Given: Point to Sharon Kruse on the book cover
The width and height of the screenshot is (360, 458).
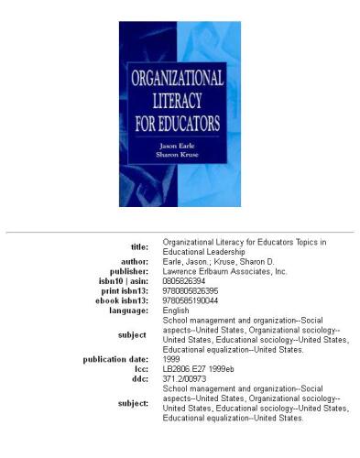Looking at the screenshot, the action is coord(180,157).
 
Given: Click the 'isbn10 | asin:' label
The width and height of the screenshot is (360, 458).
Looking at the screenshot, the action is coord(125,282).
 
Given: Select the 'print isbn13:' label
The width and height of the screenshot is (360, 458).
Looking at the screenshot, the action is coord(126,291).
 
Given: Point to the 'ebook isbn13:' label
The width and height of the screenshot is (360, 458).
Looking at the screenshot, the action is coord(125,301).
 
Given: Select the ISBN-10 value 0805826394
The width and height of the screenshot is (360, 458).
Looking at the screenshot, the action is coord(183,282).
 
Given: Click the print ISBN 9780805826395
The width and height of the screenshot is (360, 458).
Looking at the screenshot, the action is coord(190,291).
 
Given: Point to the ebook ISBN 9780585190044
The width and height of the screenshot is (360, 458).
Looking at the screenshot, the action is coord(190,301).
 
